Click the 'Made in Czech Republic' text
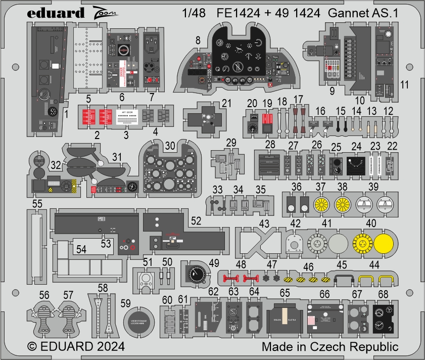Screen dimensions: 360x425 click(x=329, y=347)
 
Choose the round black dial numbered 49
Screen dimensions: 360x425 click(x=194, y=275)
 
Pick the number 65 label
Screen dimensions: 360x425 click(x=285, y=292)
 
